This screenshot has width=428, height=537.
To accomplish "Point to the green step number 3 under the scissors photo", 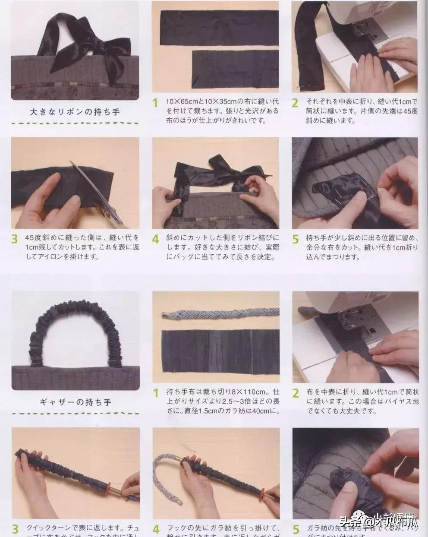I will point(15,239).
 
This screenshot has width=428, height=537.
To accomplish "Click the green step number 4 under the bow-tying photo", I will point(156,239).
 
